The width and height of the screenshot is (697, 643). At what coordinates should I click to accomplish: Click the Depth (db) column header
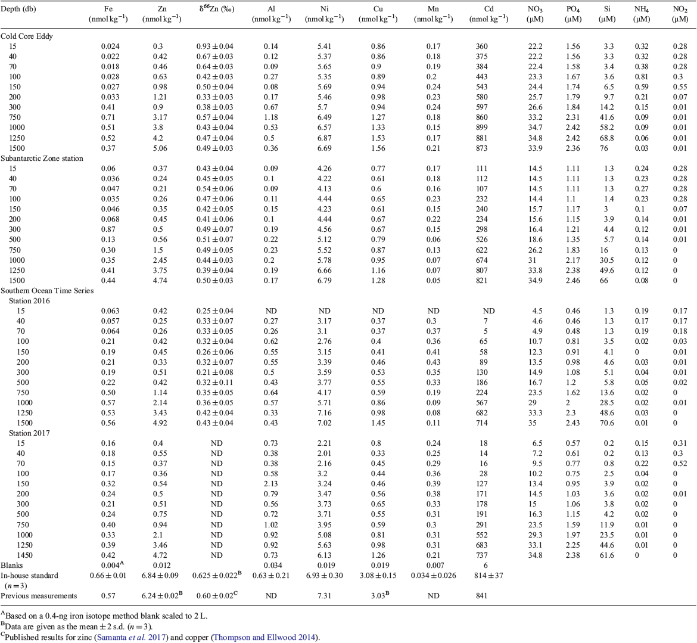point(18,9)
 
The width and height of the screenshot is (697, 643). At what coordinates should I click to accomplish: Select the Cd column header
point(488,14)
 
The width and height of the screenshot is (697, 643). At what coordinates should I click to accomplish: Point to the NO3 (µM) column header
point(535,14)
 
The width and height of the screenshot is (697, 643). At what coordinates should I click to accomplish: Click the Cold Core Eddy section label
point(27,36)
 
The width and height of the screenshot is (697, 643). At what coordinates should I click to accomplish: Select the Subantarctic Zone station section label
point(42,159)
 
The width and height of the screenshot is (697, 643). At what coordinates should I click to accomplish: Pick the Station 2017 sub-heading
point(29,433)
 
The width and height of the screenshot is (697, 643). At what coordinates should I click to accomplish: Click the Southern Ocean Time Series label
point(47,290)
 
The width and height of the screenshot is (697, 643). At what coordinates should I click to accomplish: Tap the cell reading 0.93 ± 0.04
point(214,46)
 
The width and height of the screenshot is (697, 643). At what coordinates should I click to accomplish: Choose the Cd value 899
point(481,128)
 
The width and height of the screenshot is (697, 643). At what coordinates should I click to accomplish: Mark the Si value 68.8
point(607,138)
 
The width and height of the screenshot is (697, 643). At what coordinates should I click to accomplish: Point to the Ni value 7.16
point(324,412)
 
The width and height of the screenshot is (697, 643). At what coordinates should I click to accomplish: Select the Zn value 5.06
point(160,148)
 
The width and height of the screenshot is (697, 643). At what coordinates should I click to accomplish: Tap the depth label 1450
point(24,555)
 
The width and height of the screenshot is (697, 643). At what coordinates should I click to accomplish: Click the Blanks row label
point(11,565)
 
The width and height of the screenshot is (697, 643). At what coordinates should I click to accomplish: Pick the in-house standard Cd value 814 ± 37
point(488,576)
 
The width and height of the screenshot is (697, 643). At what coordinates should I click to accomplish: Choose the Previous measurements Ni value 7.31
point(324,596)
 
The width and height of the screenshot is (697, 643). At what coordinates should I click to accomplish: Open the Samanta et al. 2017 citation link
point(132,637)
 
